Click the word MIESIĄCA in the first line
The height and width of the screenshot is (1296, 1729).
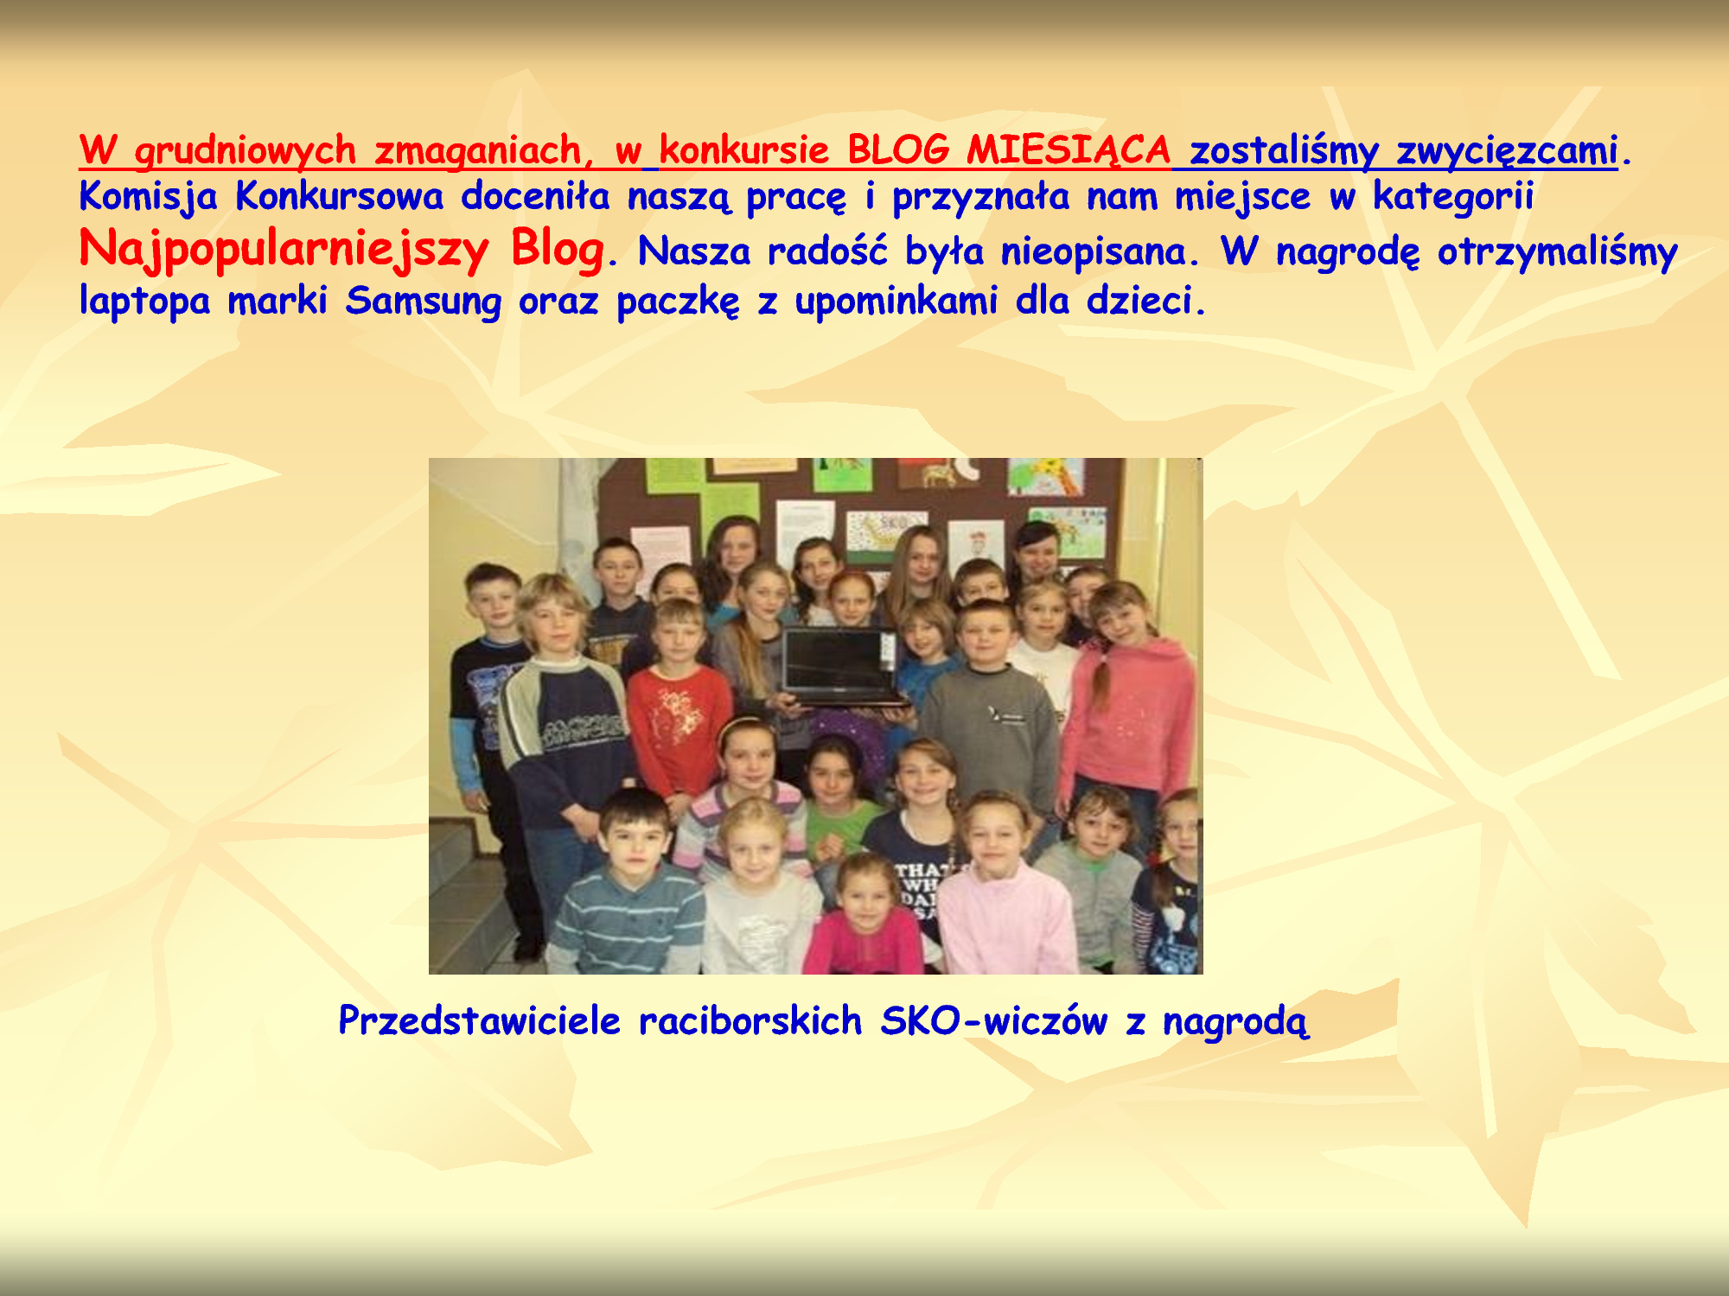pyautogui.click(x=1069, y=151)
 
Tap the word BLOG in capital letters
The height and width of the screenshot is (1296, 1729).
pyautogui.click(x=897, y=150)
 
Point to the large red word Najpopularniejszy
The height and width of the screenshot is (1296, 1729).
pyautogui.click(x=284, y=251)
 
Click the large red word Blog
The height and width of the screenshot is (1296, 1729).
pyautogui.click(x=558, y=251)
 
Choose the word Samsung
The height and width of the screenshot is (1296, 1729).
pyautogui.click(x=423, y=302)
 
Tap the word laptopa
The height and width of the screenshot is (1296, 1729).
pyautogui.click(x=144, y=302)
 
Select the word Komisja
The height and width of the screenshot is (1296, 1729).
pyautogui.click(x=148, y=197)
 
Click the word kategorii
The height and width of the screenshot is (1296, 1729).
pyautogui.click(x=1453, y=197)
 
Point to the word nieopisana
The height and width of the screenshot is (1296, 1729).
pyautogui.click(x=1092, y=252)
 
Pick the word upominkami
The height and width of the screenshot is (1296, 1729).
pyautogui.click(x=896, y=302)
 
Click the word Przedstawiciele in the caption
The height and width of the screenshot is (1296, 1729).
pyautogui.click(x=479, y=1020)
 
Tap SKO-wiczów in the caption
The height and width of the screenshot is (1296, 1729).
pyautogui.click(x=993, y=1020)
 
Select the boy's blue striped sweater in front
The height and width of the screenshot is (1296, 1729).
pyautogui.click(x=627, y=919)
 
